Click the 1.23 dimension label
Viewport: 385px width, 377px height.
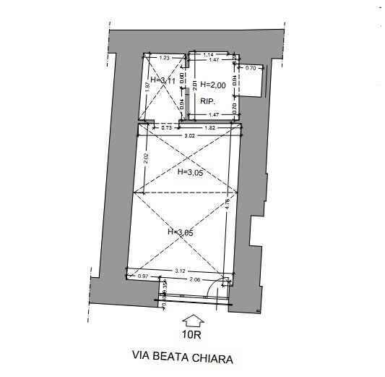(x=165, y=57)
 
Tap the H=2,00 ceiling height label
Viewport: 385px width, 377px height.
(x=212, y=84)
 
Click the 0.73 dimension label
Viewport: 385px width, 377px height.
(x=166, y=127)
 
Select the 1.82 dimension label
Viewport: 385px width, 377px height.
(x=209, y=127)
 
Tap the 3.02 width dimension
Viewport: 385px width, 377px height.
(x=189, y=135)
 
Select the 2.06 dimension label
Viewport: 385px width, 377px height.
(x=193, y=278)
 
